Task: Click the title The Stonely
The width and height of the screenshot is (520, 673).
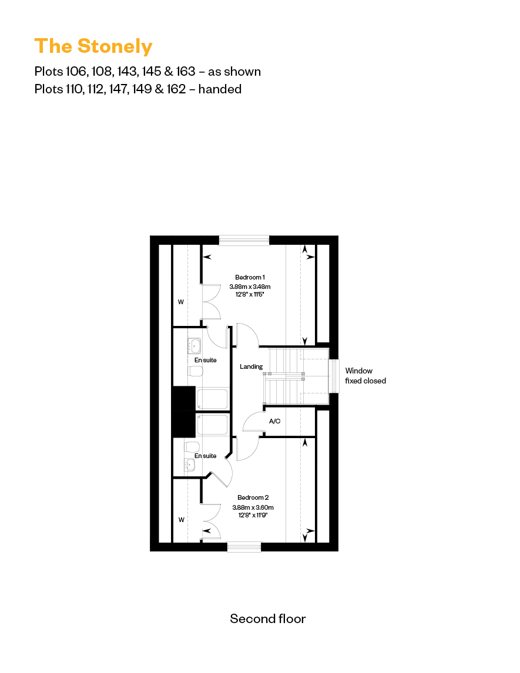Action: [x=93, y=46]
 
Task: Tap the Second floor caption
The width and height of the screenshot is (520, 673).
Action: [x=268, y=618]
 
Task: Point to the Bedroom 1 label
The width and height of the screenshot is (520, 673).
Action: [x=250, y=277]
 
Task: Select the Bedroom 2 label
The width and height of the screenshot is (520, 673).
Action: [x=250, y=497]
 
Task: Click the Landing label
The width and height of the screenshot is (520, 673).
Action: [x=251, y=366]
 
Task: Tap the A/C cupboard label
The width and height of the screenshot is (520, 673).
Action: [x=274, y=422]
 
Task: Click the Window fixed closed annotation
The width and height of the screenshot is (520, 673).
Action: [x=365, y=376]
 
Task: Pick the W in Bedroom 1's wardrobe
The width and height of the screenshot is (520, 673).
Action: [x=181, y=302]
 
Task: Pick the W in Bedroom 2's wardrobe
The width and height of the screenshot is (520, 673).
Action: [x=181, y=520]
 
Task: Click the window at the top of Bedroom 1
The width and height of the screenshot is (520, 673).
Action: [x=244, y=240]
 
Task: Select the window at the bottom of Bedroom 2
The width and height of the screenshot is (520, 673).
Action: [x=244, y=547]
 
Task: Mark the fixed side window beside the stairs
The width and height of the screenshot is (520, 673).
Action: [x=334, y=376]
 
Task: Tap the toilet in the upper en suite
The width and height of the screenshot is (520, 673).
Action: [x=195, y=371]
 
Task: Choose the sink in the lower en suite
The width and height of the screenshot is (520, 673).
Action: [x=189, y=465]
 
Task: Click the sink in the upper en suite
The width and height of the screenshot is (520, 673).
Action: [x=194, y=345]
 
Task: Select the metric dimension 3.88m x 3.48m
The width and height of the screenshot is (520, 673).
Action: [x=250, y=287]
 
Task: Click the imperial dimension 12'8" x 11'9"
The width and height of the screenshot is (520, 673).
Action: [x=250, y=515]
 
